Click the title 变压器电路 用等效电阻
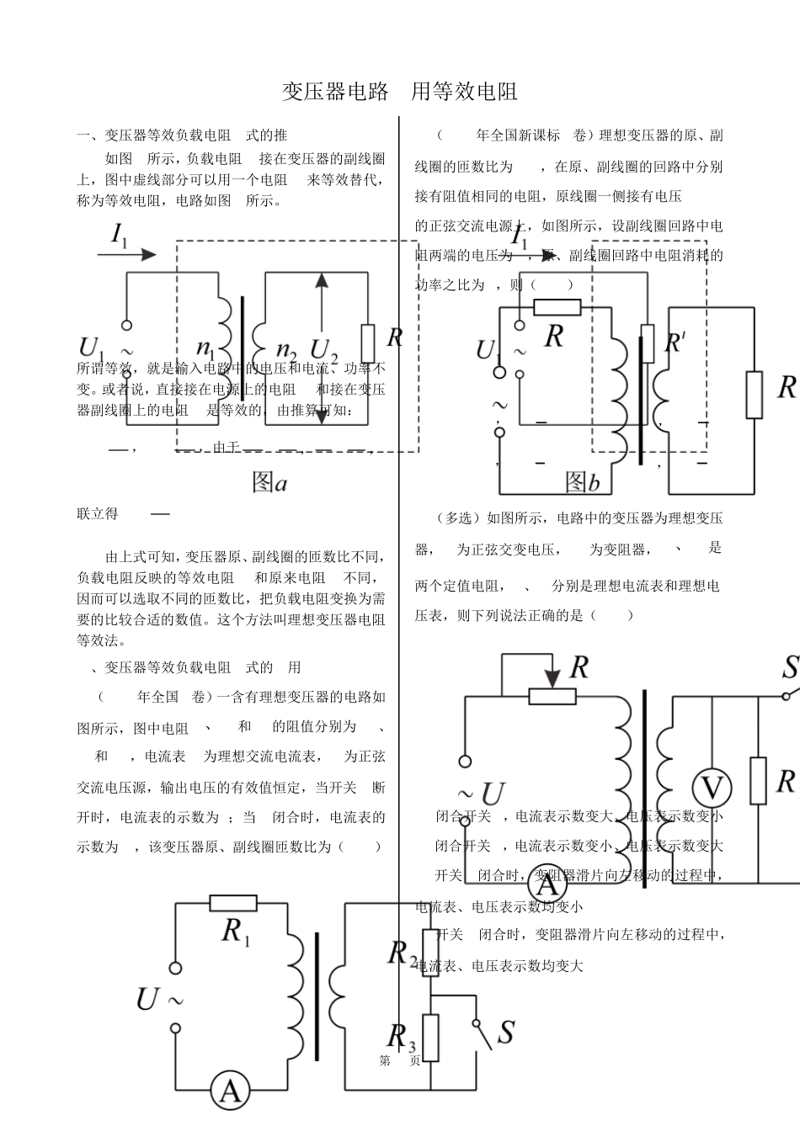399,91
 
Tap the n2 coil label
286,348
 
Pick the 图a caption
269,482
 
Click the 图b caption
582,482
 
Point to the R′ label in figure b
675,342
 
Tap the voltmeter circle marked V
712,789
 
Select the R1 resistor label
235,932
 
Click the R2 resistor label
402,953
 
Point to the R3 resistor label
401,1036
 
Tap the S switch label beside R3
505,1032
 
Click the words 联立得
98,513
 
